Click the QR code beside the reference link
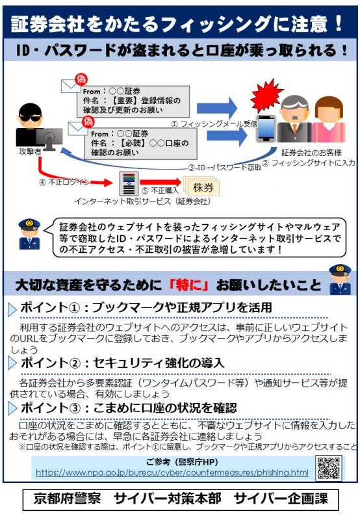(329, 468)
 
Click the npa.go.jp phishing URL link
(172, 473)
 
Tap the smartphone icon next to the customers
(266, 128)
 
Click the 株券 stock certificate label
(203, 188)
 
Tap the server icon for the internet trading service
(129, 183)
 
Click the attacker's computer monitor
(49, 138)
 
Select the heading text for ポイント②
(122, 363)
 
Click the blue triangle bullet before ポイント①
(12, 309)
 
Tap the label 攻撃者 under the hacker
(29, 151)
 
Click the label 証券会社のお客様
(311, 153)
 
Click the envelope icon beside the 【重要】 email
(71, 86)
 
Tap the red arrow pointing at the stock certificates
(161, 182)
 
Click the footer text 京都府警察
(67, 499)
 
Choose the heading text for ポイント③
(129, 408)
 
